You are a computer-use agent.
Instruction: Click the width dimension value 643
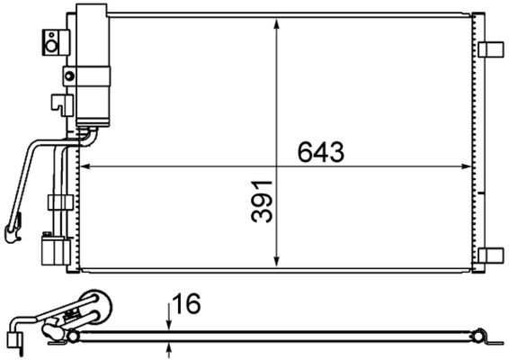coord(321,153)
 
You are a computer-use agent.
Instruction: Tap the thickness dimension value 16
coord(187,307)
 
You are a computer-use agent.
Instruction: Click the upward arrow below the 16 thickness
coord(168,346)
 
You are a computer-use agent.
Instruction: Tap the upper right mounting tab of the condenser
coord(492,49)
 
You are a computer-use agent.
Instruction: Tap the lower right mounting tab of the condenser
coord(492,255)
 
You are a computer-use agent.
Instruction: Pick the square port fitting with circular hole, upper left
coord(53,38)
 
